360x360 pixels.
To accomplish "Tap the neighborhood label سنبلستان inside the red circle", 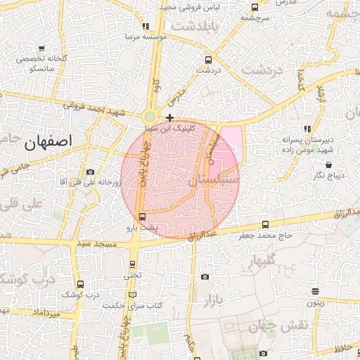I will click(213, 181).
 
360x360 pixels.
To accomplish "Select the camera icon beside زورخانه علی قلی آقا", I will click(90, 172).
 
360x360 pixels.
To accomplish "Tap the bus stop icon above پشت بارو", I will click(143, 216).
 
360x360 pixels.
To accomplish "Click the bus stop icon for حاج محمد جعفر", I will click(265, 224).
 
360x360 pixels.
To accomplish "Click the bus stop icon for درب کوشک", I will click(79, 284).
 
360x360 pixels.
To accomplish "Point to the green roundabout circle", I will click(150, 116).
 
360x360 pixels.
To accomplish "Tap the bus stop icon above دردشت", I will click(207, 60).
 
